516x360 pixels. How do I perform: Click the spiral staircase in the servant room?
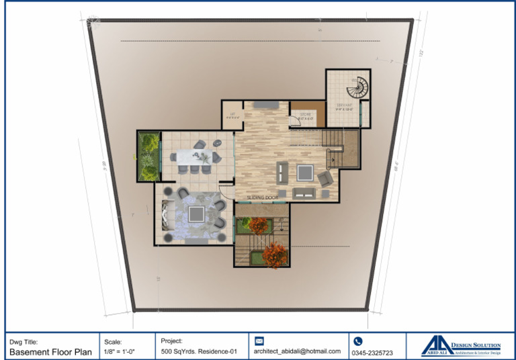point(360,88)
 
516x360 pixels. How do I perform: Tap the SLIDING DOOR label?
point(263,197)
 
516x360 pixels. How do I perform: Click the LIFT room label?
point(232,115)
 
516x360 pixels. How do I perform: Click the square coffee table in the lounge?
point(304,173)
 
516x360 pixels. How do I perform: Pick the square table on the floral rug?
point(196,214)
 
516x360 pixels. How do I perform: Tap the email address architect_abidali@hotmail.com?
point(297,351)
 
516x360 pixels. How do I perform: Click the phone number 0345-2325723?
point(373,352)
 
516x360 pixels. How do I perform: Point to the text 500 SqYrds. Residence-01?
point(199,351)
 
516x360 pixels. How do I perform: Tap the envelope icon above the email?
point(259,341)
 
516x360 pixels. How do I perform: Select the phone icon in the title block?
point(358,341)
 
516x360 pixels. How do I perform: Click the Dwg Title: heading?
point(24,341)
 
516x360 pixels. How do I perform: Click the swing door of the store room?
point(294,122)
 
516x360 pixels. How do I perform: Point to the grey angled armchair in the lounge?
point(325,179)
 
